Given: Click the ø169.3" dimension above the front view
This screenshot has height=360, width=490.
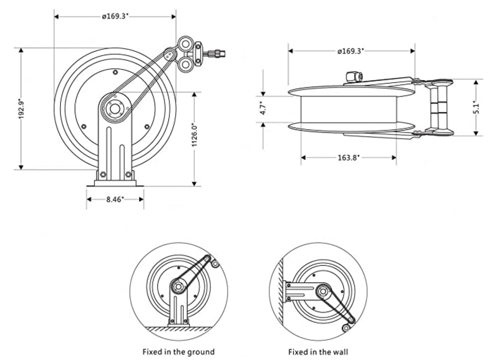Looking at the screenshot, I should pos(115,16).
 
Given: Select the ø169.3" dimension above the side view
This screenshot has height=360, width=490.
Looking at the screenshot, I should pos(351,51).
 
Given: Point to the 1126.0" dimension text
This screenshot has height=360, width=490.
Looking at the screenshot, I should pos(195,135).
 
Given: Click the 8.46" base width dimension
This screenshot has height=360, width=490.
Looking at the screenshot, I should pos(115,200).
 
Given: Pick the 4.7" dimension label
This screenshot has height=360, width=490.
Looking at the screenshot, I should pos(264,109).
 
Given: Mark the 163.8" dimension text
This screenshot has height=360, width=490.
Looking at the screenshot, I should pos(348,157).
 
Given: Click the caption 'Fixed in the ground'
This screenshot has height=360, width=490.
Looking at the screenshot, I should pos(179,352).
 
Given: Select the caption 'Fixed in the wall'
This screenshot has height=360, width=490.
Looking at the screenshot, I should pos(318,352).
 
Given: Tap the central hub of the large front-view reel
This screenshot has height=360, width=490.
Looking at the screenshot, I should pos(115,109).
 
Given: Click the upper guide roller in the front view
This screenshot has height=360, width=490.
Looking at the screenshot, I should pos(185,44).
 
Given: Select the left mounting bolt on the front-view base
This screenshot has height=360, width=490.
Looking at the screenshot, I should pos(103,174).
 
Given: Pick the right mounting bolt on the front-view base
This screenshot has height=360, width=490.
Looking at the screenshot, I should pos(128,174).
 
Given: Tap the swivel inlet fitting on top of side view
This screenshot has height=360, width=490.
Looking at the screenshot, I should pos(354,77).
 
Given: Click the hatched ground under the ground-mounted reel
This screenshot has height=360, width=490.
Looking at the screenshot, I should pos(178,329).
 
